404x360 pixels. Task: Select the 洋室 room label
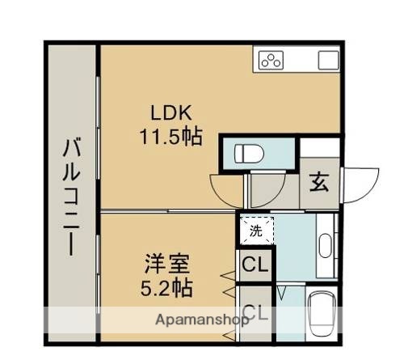[167, 264]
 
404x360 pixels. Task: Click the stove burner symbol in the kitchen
[271, 60]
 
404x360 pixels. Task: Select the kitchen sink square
[327, 60]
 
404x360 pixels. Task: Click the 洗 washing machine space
[255, 231]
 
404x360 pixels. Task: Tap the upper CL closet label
[255, 265]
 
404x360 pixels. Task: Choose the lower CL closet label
[255, 311]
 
